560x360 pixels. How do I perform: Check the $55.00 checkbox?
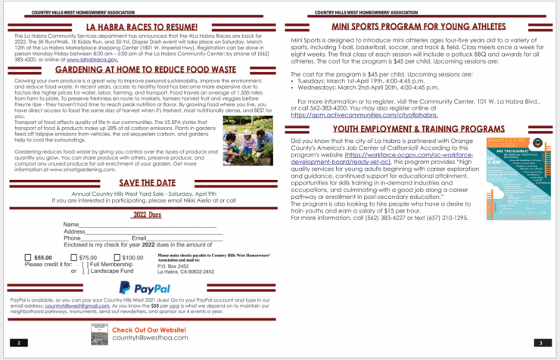[x=28, y=257]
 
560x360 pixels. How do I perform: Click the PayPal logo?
[x=145, y=287]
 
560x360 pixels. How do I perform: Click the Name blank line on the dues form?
[x=148, y=225]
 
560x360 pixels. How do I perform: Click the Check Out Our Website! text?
[x=149, y=330]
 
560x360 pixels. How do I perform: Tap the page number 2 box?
[x=19, y=343]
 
